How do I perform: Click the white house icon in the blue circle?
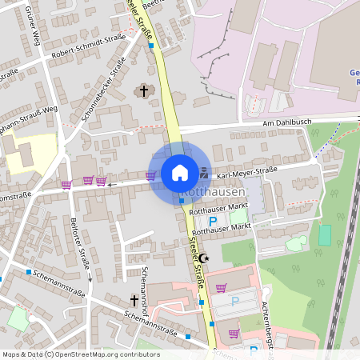coord(180,172)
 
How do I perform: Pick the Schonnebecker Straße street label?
coord(104,89)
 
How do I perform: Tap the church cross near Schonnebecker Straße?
coord(145,90)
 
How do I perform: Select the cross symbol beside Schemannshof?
coord(134,300)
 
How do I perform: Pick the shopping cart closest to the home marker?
coord(150,176)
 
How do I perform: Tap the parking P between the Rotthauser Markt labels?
coord(213,221)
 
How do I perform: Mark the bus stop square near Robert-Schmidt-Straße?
coord(151,46)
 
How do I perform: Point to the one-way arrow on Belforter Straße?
coord(90,280)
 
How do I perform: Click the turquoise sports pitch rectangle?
coord(324,235)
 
